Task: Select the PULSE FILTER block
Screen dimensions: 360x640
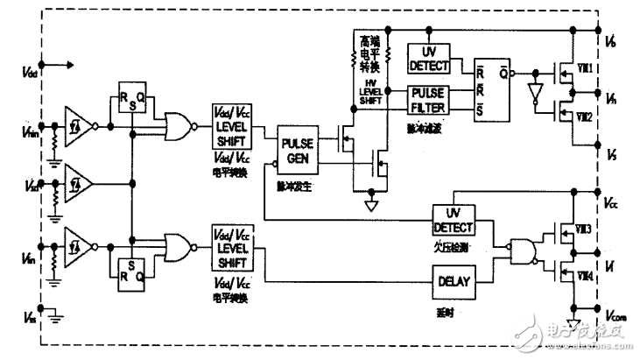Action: [429, 99]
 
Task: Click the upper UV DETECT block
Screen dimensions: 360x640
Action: [429, 58]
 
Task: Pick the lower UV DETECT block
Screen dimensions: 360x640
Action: [453, 219]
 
